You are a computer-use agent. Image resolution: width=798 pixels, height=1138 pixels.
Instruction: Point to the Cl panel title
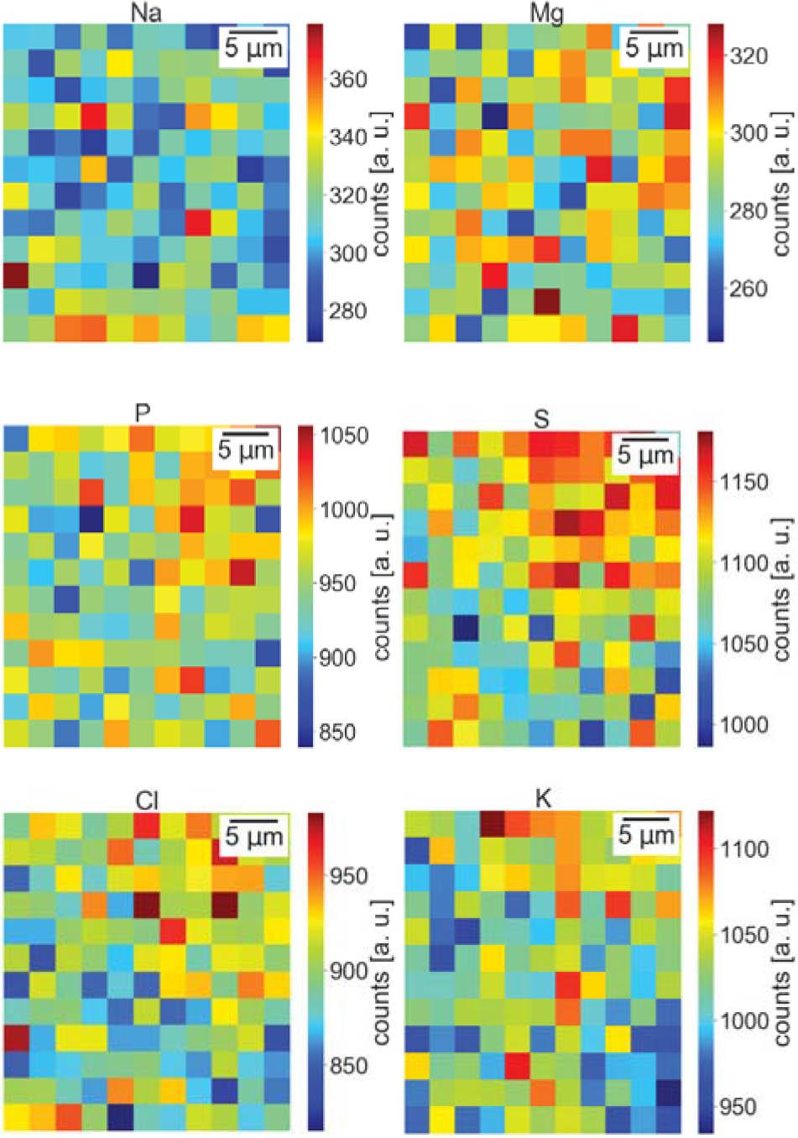148,802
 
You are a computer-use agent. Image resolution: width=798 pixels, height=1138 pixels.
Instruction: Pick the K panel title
543,799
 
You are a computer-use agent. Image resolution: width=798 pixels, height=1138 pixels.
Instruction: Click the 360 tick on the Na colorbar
348,80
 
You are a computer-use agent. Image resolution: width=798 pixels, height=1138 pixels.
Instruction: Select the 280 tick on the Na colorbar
348,311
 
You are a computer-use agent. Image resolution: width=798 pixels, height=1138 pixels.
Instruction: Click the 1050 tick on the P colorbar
347,436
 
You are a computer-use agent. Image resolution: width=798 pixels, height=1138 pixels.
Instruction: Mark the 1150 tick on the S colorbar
745,483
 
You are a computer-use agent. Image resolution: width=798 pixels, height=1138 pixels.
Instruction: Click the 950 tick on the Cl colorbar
348,876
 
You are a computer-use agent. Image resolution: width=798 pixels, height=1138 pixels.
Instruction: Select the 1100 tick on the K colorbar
745,849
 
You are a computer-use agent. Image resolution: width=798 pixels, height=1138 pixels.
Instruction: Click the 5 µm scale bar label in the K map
645,836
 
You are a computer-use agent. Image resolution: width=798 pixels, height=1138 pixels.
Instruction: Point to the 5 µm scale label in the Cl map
254,837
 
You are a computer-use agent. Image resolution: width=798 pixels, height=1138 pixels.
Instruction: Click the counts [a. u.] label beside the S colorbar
783,587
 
